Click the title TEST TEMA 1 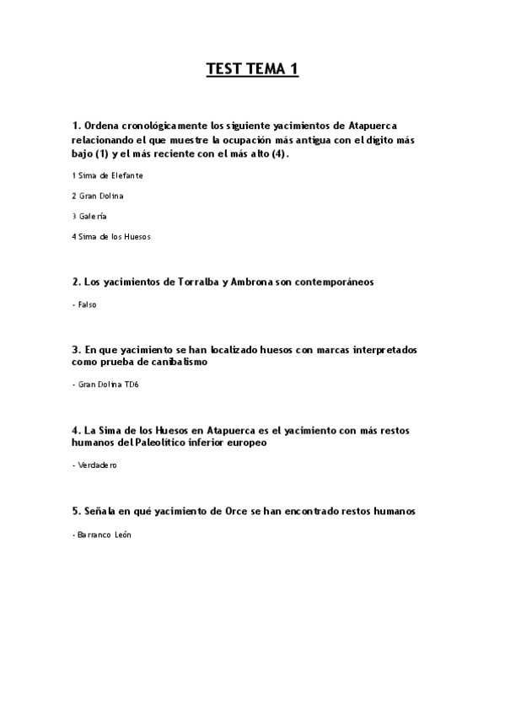(x=252, y=70)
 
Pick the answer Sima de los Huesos (x=113, y=237)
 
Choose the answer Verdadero (x=96, y=465)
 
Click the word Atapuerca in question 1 (x=379, y=125)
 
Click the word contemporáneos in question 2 (x=326, y=282)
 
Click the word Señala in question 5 (x=101, y=511)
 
